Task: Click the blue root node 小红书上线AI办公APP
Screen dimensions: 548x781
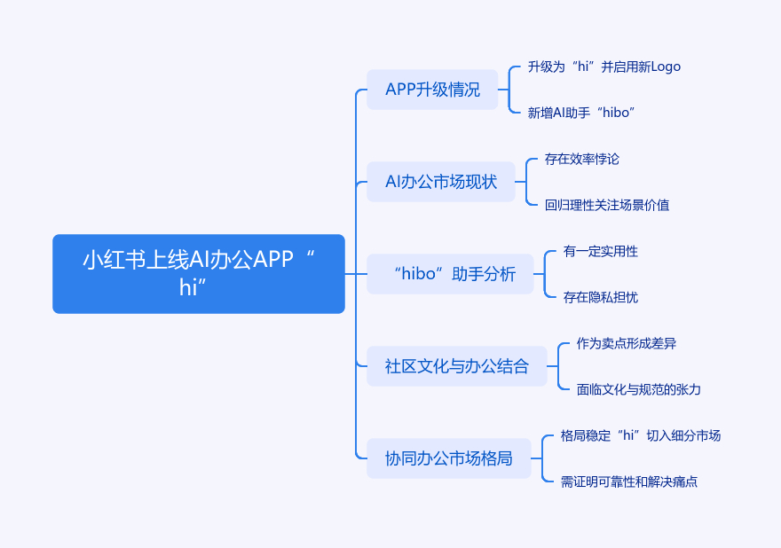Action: (198, 273)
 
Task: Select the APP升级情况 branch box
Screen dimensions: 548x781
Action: (432, 90)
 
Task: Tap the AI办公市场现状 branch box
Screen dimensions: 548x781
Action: (441, 182)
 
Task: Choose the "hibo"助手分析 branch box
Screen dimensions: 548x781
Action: (450, 274)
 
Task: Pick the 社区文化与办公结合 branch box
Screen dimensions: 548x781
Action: (456, 366)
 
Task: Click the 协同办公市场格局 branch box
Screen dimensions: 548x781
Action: (448, 458)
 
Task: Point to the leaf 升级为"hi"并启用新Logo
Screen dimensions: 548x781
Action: (603, 67)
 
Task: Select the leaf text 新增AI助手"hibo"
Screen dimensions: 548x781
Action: (580, 113)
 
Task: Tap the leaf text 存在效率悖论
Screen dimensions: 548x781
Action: (582, 159)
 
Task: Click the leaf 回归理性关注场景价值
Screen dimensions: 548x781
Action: (607, 205)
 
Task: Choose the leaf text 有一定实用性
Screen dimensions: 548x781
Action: (601, 251)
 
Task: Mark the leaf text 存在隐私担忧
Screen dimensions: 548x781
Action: (601, 297)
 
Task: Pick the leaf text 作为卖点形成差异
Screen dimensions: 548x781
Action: (627, 343)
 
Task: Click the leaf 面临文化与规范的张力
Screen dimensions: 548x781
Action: (639, 389)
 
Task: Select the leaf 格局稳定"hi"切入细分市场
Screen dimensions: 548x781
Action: (641, 435)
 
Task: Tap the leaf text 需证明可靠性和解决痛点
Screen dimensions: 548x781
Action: (629, 481)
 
